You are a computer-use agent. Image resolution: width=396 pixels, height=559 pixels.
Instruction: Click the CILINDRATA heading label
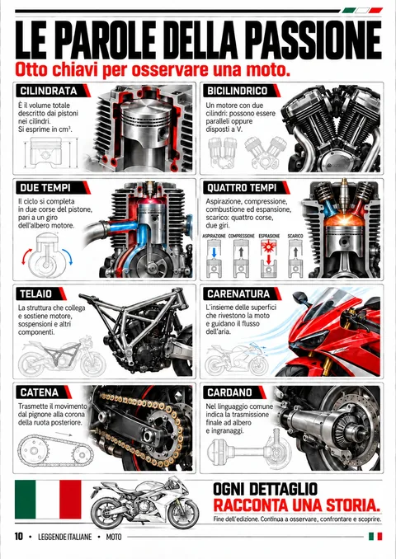[49, 91]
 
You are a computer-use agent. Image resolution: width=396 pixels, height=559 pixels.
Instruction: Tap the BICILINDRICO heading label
[238, 91]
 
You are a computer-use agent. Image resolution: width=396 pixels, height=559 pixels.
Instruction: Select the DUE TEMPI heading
[45, 187]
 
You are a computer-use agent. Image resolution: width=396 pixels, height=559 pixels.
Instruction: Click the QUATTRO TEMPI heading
[242, 187]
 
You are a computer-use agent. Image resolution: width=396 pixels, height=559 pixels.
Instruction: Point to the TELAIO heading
[36, 294]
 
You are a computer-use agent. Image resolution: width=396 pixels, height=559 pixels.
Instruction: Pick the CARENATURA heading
[238, 294]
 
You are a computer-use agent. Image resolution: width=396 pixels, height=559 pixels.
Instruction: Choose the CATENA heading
[40, 392]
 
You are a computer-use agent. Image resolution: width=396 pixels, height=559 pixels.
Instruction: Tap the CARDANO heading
[229, 392]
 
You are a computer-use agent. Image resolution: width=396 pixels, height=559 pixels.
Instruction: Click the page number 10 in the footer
[18, 536]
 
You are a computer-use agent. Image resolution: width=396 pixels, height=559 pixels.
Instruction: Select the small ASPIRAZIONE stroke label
[214, 236]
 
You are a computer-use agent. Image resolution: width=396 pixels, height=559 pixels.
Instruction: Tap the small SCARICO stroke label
[295, 236]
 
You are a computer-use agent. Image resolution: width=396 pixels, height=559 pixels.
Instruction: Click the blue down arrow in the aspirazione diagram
[214, 252]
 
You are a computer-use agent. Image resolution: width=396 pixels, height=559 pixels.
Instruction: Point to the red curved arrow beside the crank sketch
[26, 256]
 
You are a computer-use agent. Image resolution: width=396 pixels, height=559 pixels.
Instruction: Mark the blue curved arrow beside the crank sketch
[68, 256]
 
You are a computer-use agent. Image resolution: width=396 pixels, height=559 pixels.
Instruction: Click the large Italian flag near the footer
[48, 499]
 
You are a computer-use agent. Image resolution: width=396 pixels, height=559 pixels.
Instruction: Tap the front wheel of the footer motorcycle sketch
[183, 514]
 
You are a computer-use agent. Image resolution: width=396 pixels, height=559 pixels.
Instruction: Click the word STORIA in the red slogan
[352, 505]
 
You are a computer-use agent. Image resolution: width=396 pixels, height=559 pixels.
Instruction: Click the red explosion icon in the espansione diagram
[269, 246]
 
